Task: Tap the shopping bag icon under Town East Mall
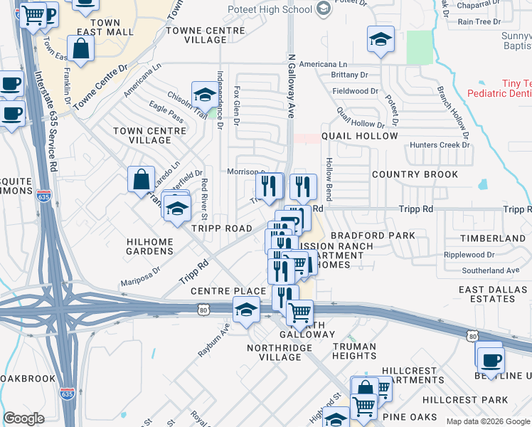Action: point(81,50)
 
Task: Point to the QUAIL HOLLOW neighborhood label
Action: point(360,135)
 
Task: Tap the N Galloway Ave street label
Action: point(291,85)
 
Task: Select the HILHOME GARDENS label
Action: point(150,247)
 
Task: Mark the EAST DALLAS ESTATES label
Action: point(486,294)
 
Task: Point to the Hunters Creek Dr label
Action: point(440,145)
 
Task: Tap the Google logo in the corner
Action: point(23,418)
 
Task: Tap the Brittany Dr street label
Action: point(349,75)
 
